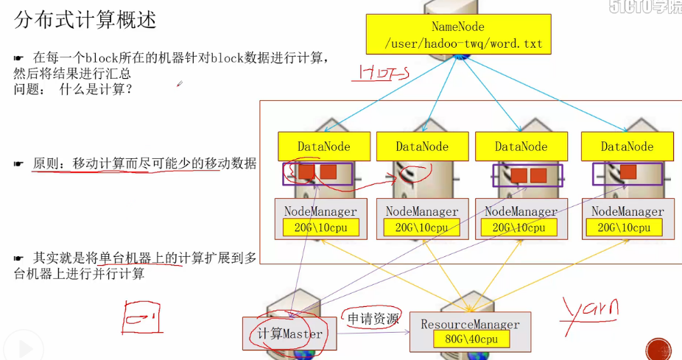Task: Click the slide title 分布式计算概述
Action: pos(85,20)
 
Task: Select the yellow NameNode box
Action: pos(458,35)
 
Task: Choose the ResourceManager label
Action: pos(470,324)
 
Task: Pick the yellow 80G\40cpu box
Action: pos(471,339)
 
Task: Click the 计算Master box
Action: pos(290,333)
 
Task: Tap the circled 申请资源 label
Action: pos(373,319)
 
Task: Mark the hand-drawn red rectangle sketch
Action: pos(142,317)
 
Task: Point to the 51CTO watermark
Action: pos(645,7)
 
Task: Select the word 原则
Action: pos(48,163)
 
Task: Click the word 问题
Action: pos(29,89)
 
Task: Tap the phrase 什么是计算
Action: pos(95,89)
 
